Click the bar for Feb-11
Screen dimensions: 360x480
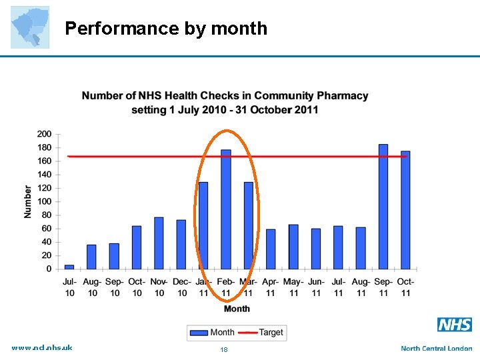226,209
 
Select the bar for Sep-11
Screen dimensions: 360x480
383,207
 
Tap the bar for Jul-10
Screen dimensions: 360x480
69,267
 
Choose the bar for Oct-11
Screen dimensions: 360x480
405,210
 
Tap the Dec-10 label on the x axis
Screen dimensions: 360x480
181,287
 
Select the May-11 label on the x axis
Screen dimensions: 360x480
293,287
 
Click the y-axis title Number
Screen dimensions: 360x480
28,201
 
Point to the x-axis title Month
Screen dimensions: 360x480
237,309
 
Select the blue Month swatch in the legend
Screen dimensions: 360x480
199,332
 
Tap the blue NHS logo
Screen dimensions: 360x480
455,325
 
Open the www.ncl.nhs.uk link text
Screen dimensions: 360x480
42,347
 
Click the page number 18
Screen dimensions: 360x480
224,349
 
